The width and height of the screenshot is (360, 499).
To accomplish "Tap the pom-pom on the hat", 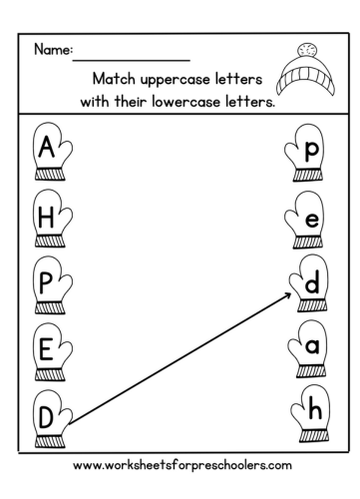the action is click(x=307, y=48).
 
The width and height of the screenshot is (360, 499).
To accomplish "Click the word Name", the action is click(x=51, y=49).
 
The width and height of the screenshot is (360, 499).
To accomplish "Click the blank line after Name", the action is click(x=131, y=58).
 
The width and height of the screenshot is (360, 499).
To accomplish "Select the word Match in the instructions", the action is click(x=114, y=77).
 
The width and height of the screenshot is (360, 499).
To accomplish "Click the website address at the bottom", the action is click(x=180, y=465).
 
